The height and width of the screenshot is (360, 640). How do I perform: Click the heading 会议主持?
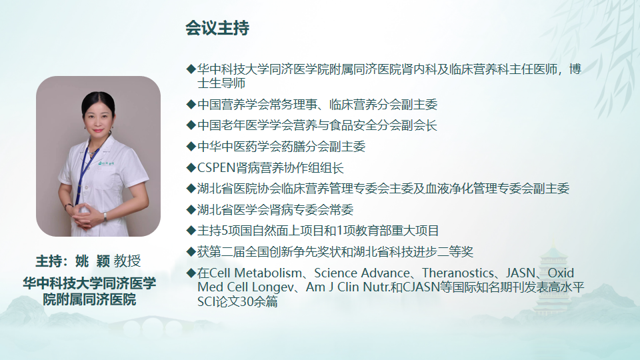click(217, 28)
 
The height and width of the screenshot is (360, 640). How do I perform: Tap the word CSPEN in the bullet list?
click(216, 168)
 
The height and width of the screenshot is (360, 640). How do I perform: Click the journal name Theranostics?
click(458, 273)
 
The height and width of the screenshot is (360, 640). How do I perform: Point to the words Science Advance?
click(362, 273)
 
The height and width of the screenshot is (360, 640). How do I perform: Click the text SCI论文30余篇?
click(237, 301)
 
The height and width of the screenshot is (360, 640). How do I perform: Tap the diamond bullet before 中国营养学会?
click(191, 105)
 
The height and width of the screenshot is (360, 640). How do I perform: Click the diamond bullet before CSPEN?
click(191, 168)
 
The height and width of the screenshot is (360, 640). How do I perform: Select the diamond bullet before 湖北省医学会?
click(191, 210)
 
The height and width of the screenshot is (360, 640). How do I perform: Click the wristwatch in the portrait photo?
click(105, 216)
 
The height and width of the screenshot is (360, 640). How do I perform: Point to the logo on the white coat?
click(106, 163)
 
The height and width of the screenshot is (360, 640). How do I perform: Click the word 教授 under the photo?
click(127, 261)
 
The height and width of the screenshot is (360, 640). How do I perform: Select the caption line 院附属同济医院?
click(89, 299)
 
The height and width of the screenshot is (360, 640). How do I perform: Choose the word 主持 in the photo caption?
click(49, 261)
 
